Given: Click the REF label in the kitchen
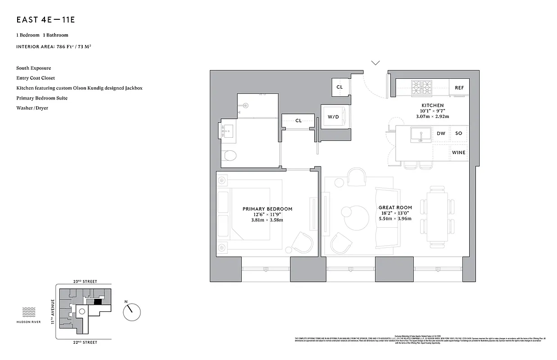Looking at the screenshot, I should click(459, 88).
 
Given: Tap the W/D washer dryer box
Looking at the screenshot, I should click(333, 117).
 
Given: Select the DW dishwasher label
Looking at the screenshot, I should click(441, 134).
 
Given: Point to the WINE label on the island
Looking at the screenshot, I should click(458, 153).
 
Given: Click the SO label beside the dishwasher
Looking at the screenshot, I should click(458, 134).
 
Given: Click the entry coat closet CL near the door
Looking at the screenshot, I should click(340, 87).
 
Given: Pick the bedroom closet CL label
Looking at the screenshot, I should click(298, 121).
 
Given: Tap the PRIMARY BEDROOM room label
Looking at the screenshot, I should click(267, 209).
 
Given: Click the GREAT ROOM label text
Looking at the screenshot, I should click(395, 207).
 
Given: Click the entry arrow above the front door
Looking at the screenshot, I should click(375, 63).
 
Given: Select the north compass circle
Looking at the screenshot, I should click(132, 311).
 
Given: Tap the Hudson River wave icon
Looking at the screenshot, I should click(29, 312).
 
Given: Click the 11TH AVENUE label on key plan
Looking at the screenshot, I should click(52, 311).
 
